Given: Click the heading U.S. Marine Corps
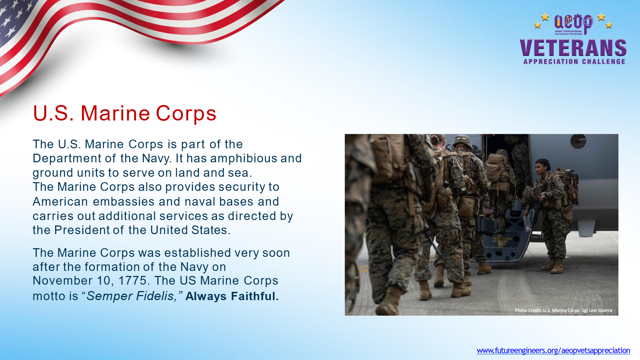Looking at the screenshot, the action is pyautogui.click(x=124, y=114).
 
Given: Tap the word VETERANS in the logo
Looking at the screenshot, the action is pyautogui.click(x=573, y=48).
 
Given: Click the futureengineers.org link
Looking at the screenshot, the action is pyautogui.click(x=553, y=350).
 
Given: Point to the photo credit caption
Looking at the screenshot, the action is pyautogui.click(x=563, y=310).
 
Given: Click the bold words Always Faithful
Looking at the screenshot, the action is pyautogui.click(x=232, y=296).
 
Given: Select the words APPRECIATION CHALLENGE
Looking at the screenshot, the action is pyautogui.click(x=574, y=62).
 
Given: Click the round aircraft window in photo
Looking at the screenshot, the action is pyautogui.click(x=578, y=141).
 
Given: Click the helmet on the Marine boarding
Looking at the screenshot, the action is pyautogui.click(x=462, y=141).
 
